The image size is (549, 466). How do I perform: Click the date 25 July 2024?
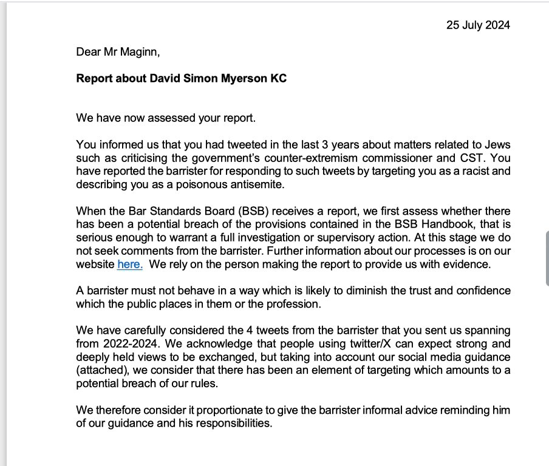pos(479,25)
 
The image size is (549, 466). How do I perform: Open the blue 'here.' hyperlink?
pos(129,264)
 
